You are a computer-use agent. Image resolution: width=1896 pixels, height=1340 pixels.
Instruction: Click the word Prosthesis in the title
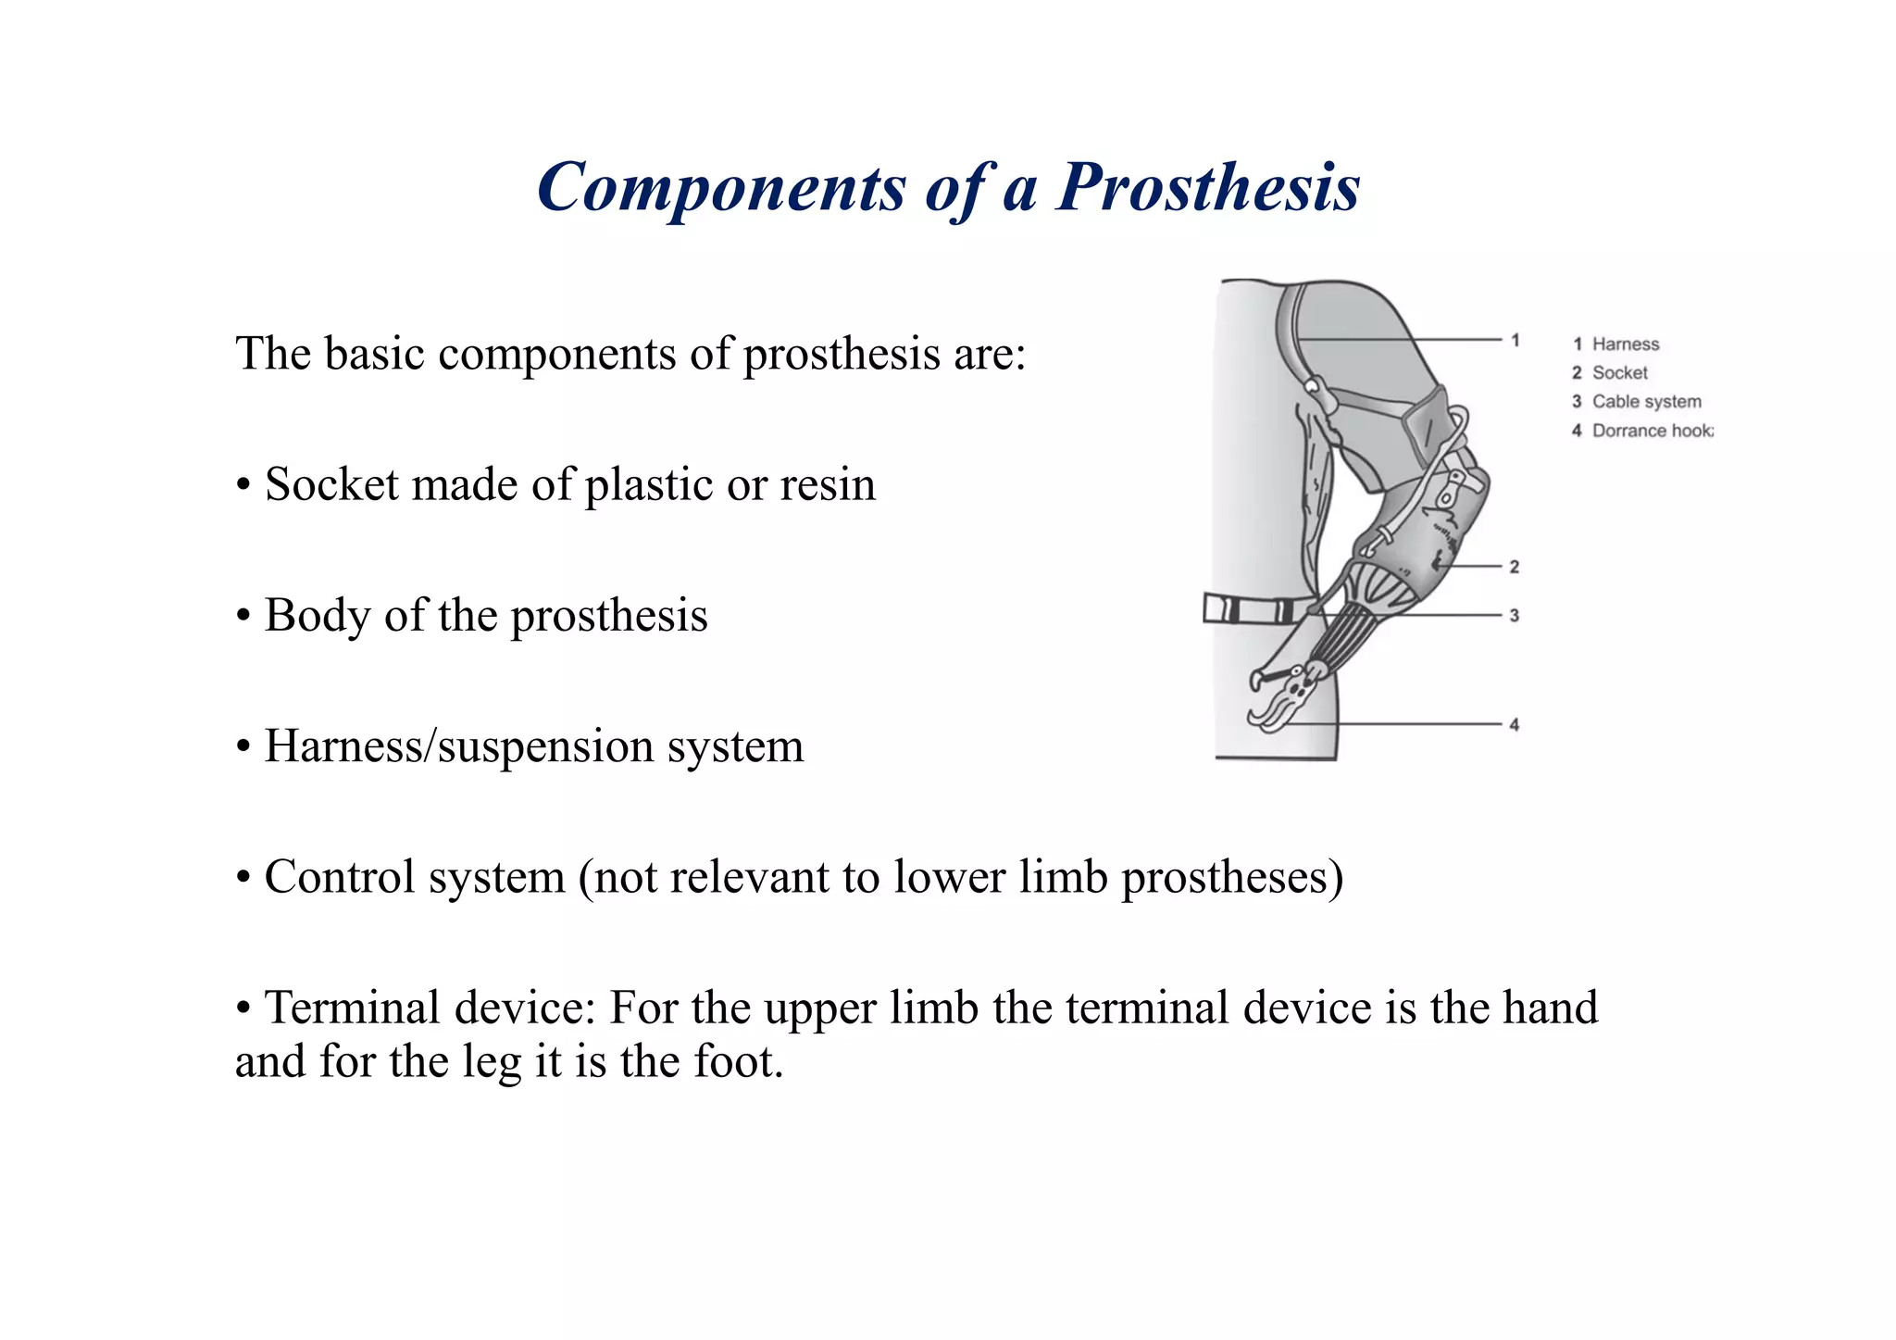pos(1207,188)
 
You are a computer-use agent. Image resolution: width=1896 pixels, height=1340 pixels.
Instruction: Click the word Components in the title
pos(721,188)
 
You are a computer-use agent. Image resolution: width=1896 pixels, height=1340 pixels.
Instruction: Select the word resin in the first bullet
pos(828,484)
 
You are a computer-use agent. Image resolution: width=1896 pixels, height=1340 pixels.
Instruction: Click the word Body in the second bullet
pos(317,615)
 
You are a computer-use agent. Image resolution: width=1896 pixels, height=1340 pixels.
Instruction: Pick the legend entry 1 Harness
pos(1615,344)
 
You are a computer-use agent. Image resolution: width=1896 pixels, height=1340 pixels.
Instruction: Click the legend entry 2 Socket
pos(1610,373)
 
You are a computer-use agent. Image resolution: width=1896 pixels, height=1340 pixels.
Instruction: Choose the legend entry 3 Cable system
pos(1636,402)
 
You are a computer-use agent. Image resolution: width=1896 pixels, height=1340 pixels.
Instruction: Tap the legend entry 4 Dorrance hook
pos(1641,431)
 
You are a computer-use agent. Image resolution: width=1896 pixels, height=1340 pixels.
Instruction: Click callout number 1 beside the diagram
pos(1516,341)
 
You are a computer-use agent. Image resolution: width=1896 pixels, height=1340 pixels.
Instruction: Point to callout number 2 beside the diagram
pos(1515,567)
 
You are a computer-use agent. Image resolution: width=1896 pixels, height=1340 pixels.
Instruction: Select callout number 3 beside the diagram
pos(1515,616)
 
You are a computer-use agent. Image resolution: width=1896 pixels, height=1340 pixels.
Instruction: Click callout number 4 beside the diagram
pos(1515,725)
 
